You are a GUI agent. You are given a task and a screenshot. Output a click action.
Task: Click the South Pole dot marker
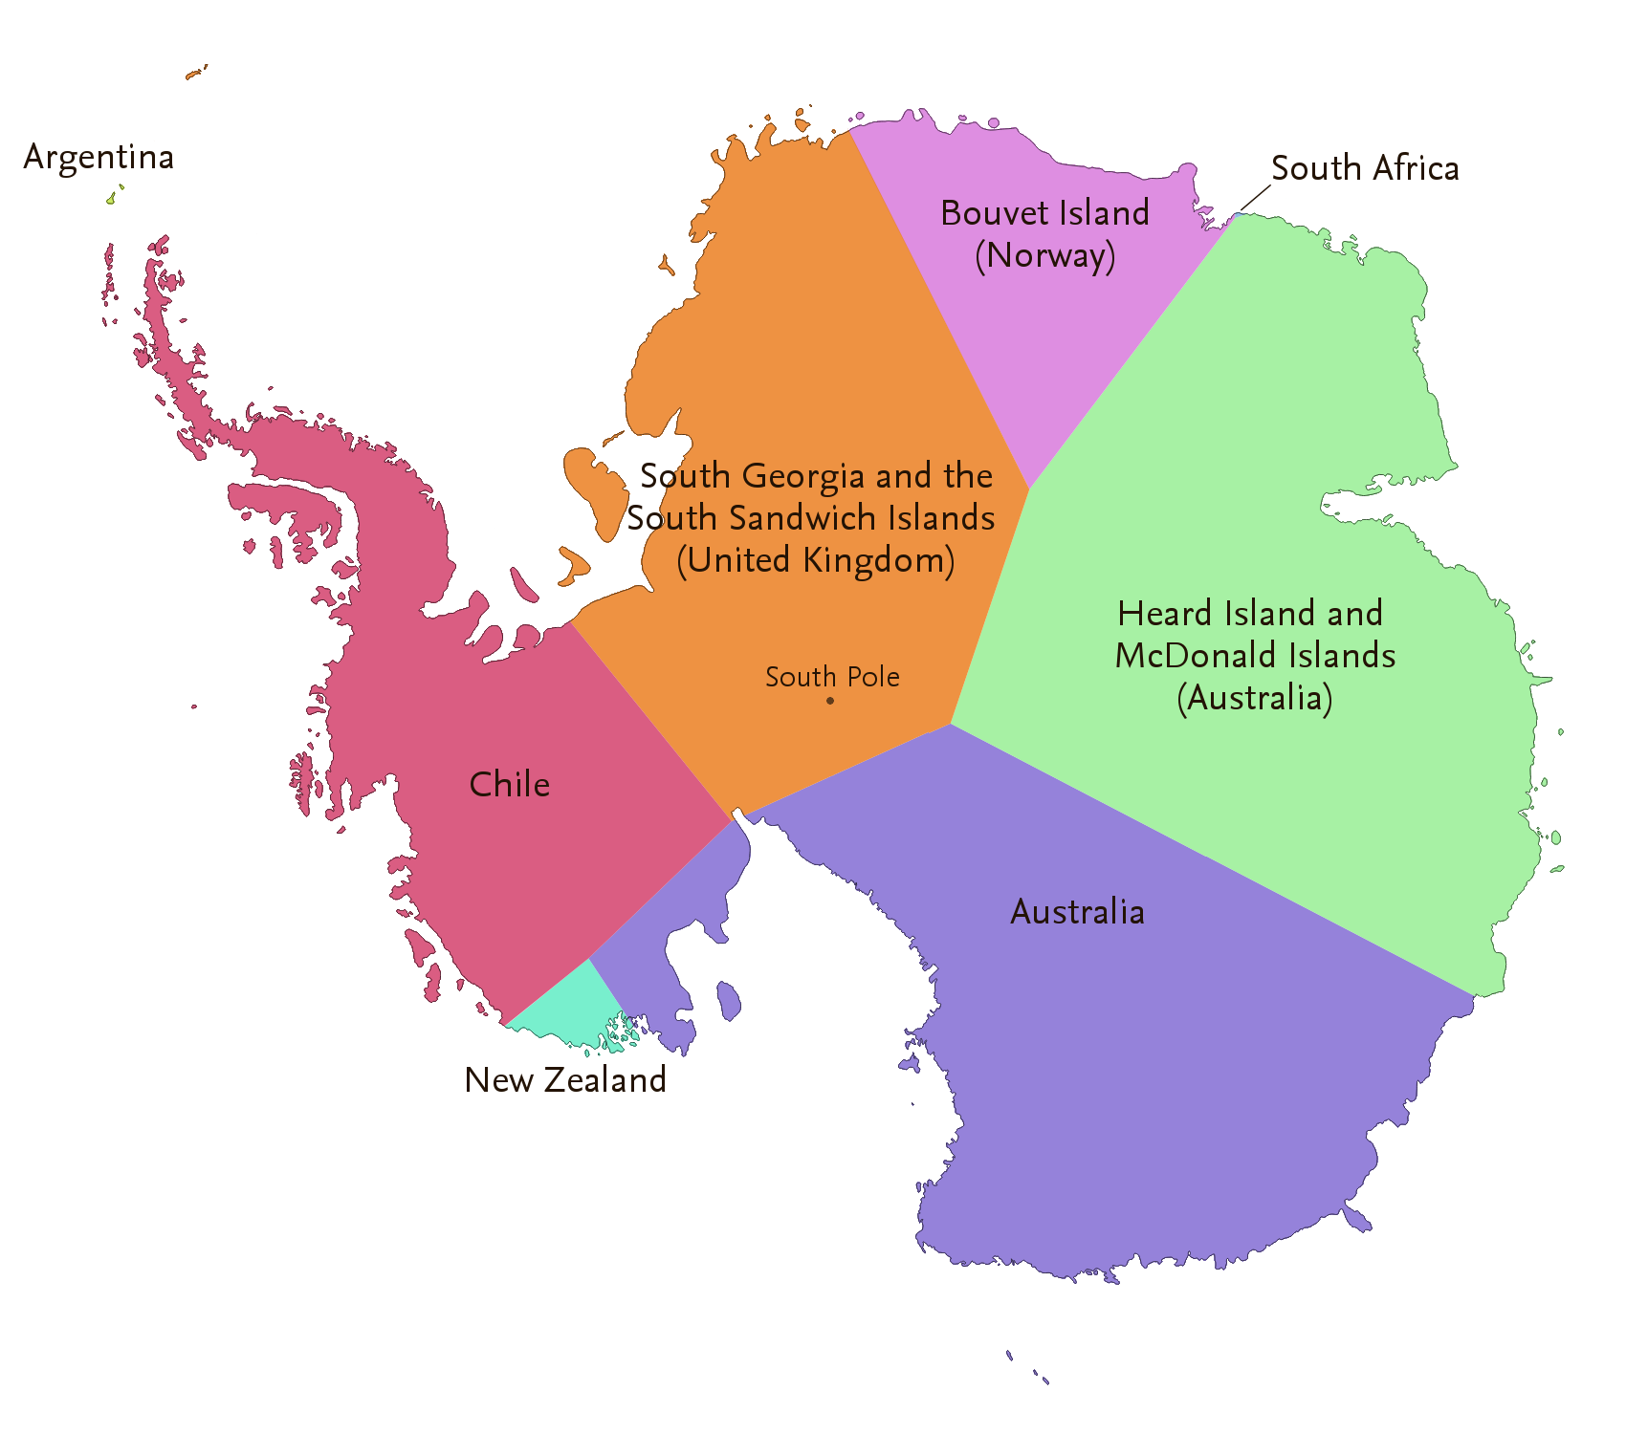click(x=830, y=701)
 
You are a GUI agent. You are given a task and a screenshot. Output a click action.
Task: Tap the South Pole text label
click(x=832, y=677)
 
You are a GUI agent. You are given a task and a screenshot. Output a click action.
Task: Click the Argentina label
click(x=99, y=158)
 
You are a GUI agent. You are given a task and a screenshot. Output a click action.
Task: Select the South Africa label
click(x=1365, y=168)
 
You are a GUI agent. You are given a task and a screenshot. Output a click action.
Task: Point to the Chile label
click(x=510, y=785)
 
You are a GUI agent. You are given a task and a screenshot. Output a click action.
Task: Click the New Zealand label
click(x=565, y=1080)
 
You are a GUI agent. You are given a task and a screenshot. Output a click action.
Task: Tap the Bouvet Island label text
click(x=1044, y=213)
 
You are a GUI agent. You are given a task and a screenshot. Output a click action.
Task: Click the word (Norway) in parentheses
click(x=1044, y=256)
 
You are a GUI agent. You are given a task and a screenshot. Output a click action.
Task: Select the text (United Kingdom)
click(x=815, y=560)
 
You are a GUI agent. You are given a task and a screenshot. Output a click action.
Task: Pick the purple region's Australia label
click(x=1077, y=912)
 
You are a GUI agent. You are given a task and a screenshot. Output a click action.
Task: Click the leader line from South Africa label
click(x=1255, y=198)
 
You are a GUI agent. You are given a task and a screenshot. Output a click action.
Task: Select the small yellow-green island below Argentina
click(x=111, y=199)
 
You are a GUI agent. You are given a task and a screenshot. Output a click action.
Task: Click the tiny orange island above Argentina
click(x=195, y=73)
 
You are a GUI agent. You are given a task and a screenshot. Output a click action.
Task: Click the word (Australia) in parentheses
click(x=1254, y=698)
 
